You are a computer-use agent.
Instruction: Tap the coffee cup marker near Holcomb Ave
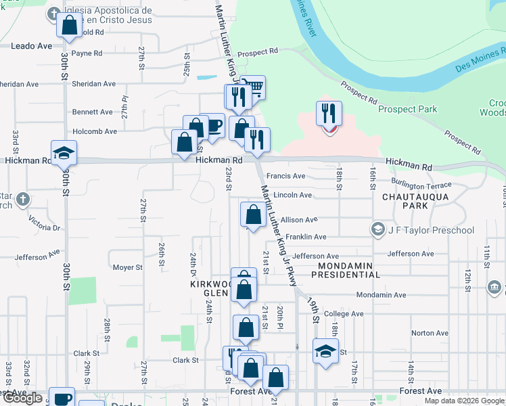(x=212, y=125)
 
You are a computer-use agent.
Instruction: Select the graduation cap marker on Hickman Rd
(x=64, y=153)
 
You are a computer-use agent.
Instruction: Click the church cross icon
(x=23, y=199)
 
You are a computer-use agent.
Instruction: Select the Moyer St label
(x=127, y=267)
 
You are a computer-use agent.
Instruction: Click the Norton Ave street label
(x=430, y=333)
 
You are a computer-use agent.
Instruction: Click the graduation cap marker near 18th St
(x=325, y=351)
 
